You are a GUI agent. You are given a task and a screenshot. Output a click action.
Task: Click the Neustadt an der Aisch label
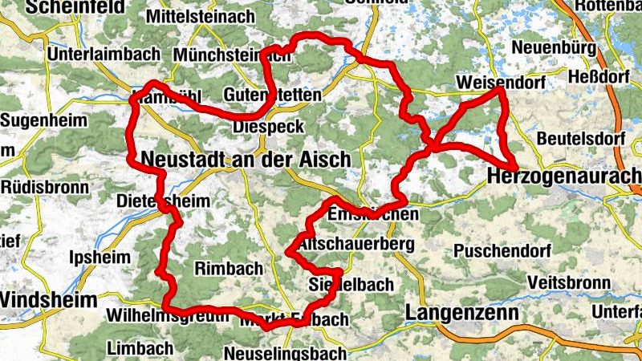coord(246,159)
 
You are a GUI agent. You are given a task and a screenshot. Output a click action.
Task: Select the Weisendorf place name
coord(499,83)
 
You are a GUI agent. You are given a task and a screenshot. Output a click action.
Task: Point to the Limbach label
coord(140,348)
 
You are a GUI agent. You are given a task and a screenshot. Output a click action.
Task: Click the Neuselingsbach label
coord(285,353)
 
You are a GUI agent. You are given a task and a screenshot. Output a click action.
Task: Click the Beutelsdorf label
coord(581,138)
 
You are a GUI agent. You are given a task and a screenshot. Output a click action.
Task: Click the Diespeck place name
coord(267,127)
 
